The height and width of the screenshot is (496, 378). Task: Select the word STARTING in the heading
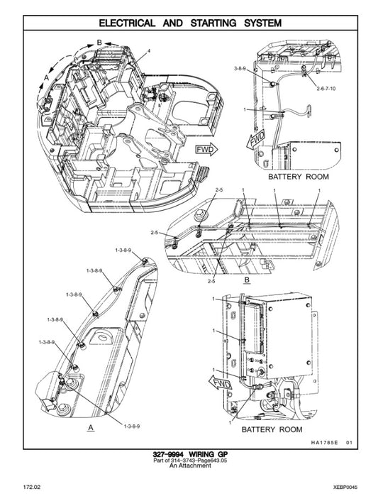tap(216, 23)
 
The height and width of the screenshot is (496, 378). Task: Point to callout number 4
tap(150, 51)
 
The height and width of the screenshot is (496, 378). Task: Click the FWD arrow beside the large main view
tap(206, 150)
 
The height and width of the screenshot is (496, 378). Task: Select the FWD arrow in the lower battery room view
tap(221, 383)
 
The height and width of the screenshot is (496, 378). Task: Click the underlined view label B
tap(246, 282)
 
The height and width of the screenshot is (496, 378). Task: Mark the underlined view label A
tap(89, 429)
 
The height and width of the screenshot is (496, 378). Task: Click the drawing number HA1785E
tap(326, 443)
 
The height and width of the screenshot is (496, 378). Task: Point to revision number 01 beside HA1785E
tap(349, 443)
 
